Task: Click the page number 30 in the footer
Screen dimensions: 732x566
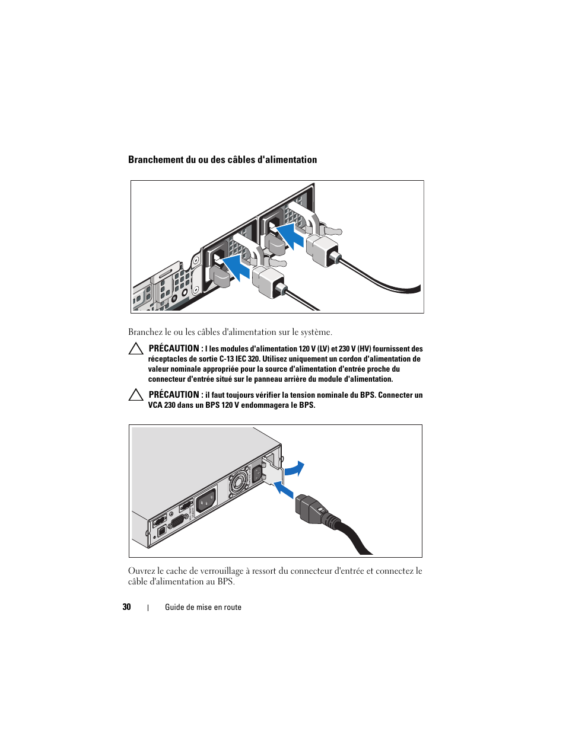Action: tap(126, 607)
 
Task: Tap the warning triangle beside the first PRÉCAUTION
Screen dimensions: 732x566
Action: tap(136, 349)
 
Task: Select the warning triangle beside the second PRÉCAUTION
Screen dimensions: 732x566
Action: tap(136, 395)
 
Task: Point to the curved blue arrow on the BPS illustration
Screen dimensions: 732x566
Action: tap(295, 469)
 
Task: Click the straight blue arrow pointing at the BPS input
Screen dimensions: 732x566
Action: tap(284, 490)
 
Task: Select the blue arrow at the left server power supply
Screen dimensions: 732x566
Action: tap(237, 268)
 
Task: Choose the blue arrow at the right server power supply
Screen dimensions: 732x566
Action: tap(291, 234)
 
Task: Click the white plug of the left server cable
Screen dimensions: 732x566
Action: tap(268, 281)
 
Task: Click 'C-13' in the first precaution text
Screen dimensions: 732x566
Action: tap(226, 359)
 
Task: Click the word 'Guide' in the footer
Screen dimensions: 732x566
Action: tap(174, 608)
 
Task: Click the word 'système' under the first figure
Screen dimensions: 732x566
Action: tap(315, 333)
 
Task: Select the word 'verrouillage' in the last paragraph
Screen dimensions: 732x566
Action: tap(216, 571)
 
